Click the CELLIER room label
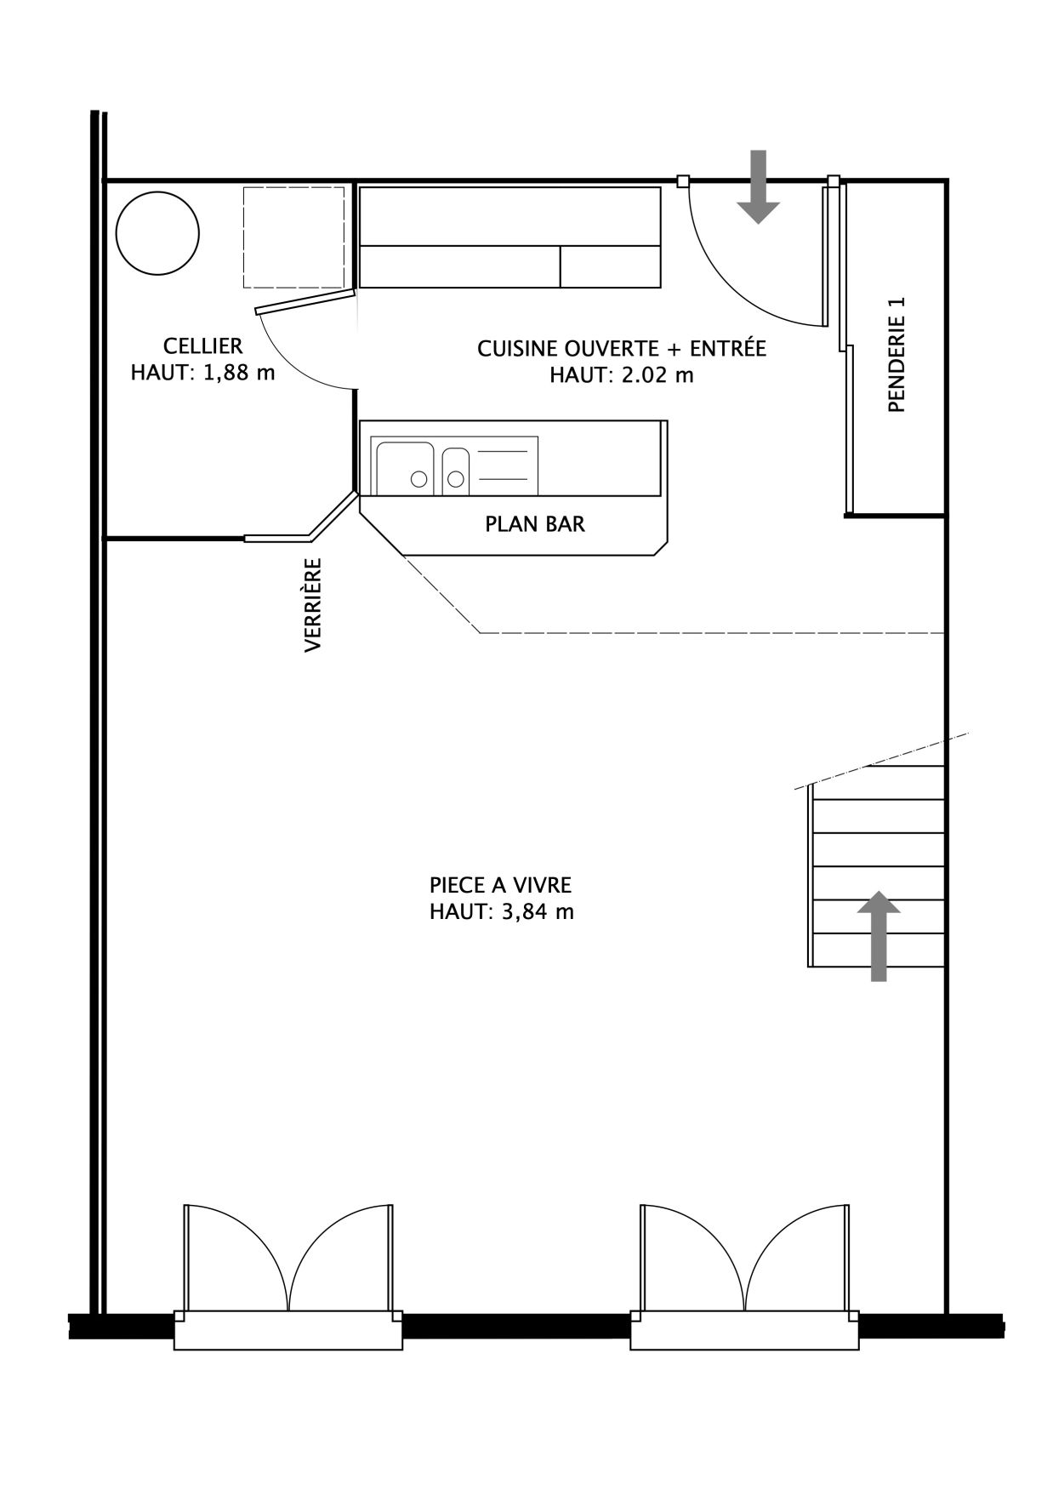pyautogui.click(x=202, y=346)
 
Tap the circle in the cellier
pyautogui.click(x=157, y=232)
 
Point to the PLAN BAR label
pyautogui.click(x=535, y=524)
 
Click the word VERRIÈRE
pyautogui.click(x=313, y=605)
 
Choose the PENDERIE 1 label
pyautogui.click(x=896, y=355)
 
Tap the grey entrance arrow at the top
pyautogui.click(x=758, y=186)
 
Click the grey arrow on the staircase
pyautogui.click(x=879, y=936)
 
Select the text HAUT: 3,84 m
pyautogui.click(x=502, y=912)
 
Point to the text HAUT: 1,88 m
pyautogui.click(x=202, y=373)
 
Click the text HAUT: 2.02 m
pyautogui.click(x=622, y=375)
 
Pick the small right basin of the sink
pyautogui.click(x=455, y=471)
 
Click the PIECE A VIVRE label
pyautogui.click(x=500, y=885)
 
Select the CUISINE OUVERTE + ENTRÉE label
pyautogui.click(x=622, y=349)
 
